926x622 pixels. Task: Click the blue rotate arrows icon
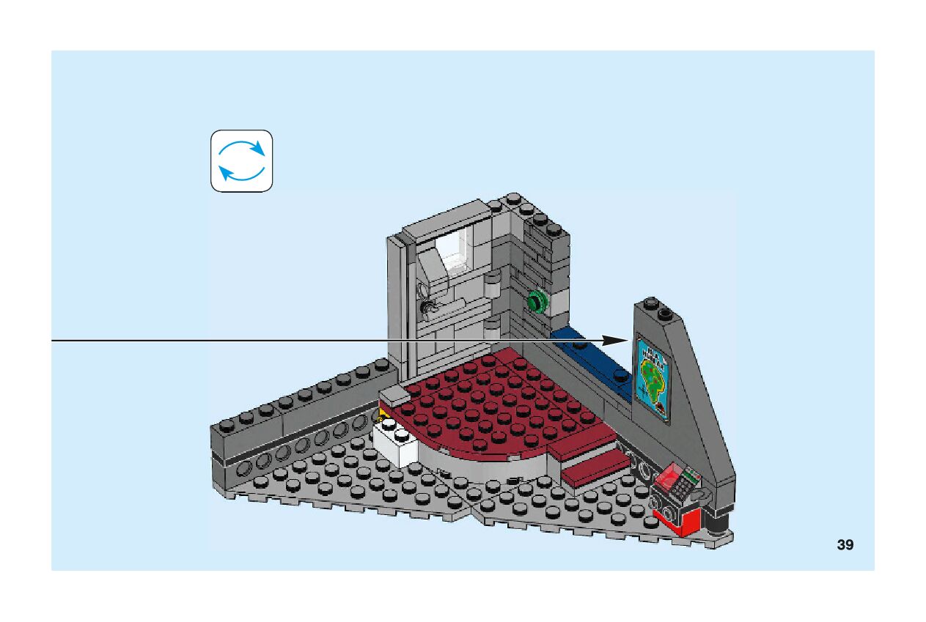tap(242, 161)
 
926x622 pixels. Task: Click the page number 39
tap(845, 545)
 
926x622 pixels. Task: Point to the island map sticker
tap(653, 378)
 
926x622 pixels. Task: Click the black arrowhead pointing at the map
tap(616, 341)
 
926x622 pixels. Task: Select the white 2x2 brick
tap(396, 442)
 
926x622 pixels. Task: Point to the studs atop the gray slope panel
tap(657, 308)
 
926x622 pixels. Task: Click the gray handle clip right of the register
tap(704, 496)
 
